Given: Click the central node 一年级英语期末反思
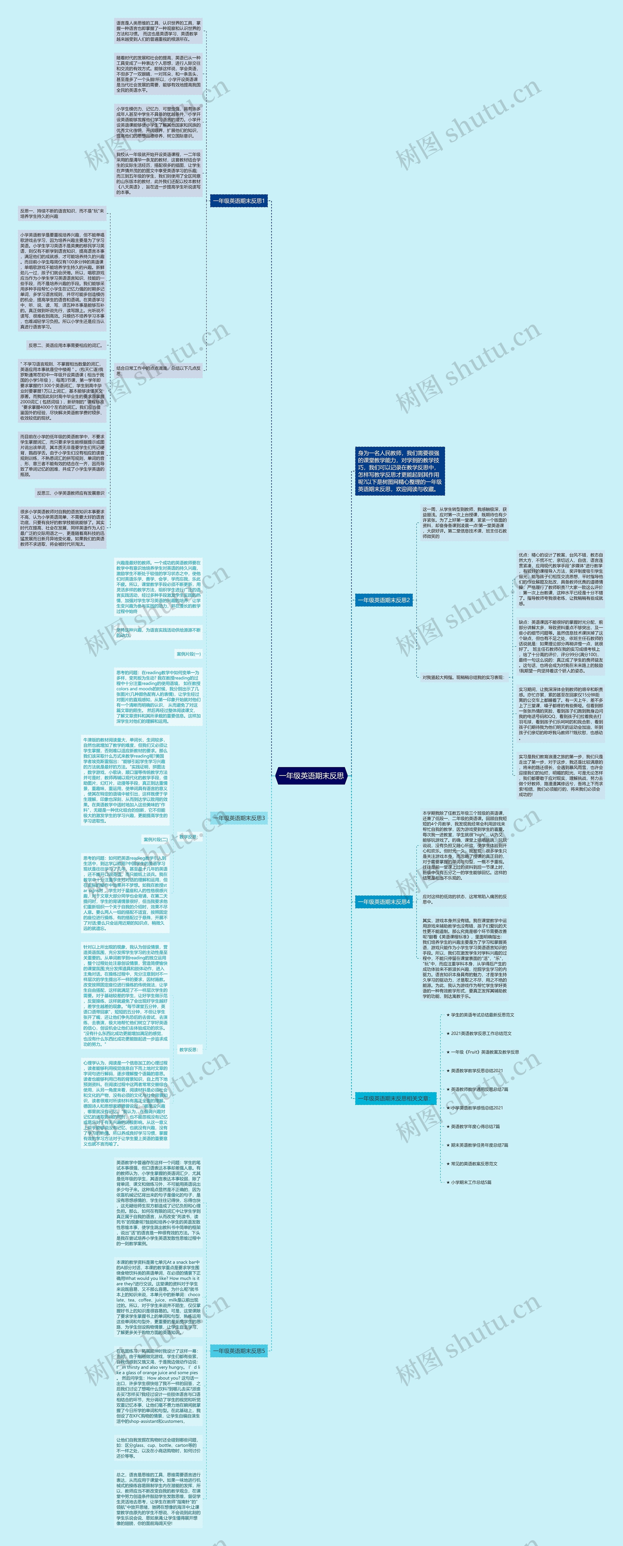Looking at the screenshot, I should (x=311, y=775).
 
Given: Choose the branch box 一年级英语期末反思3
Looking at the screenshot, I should (x=238, y=817).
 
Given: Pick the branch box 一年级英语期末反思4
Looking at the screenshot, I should (x=383, y=901).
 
